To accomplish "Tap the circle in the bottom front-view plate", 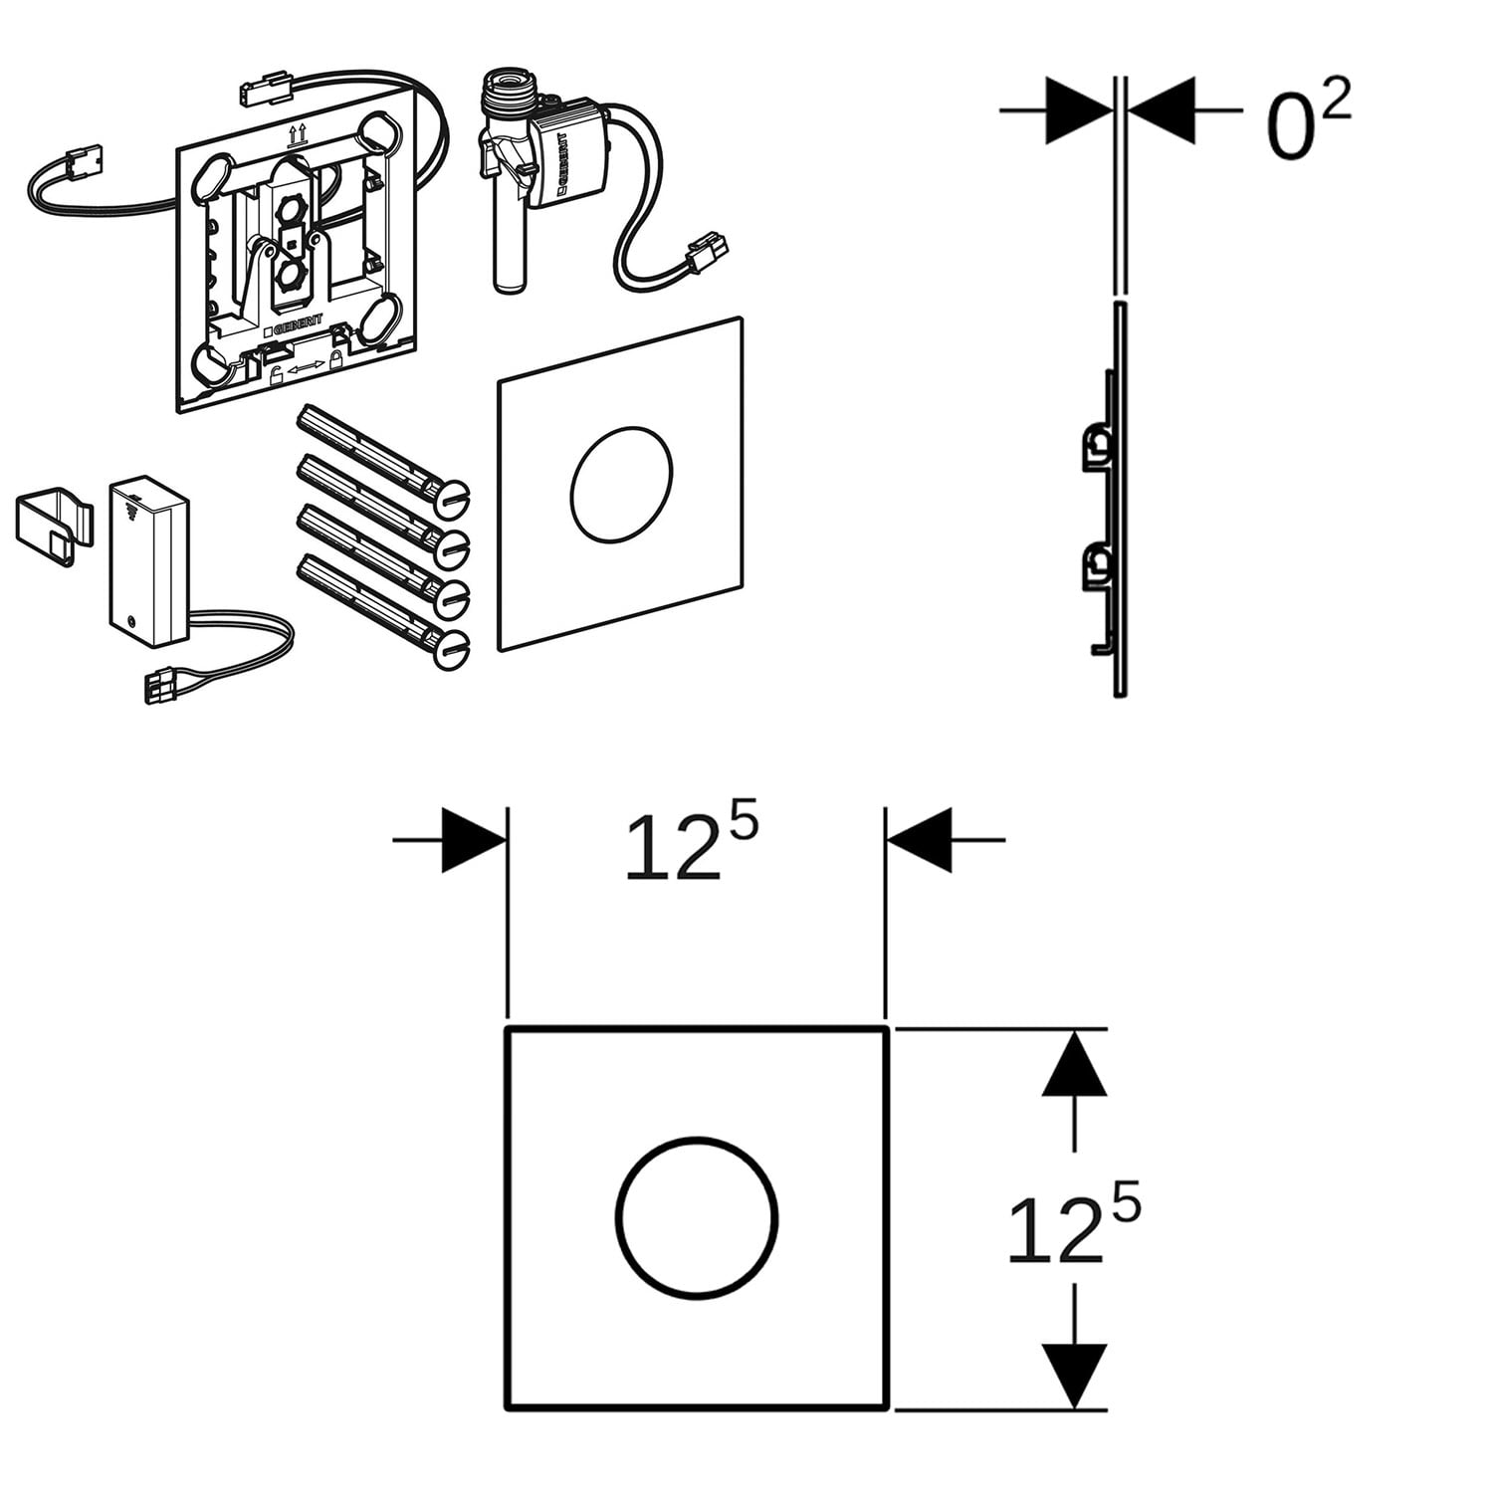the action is (x=696, y=1139).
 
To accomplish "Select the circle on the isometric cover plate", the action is (x=621, y=429).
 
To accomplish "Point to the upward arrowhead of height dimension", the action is (x=1074, y=1063).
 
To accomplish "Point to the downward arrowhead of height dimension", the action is (x=1074, y=1376).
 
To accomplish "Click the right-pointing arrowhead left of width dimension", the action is (x=474, y=840).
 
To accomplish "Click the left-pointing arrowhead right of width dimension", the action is (x=919, y=840).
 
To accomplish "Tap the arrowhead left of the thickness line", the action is (x=1079, y=110).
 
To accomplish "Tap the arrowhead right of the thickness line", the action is (x=1161, y=110).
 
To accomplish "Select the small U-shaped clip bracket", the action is (x=56, y=526).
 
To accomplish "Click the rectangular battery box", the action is (x=148, y=559).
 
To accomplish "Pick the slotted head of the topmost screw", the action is (x=453, y=498).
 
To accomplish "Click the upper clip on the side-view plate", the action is (x=1097, y=446).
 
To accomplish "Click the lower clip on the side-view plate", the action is (x=1097, y=568).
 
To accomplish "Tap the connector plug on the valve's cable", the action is (x=708, y=252).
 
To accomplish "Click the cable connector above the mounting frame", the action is (x=265, y=88).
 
